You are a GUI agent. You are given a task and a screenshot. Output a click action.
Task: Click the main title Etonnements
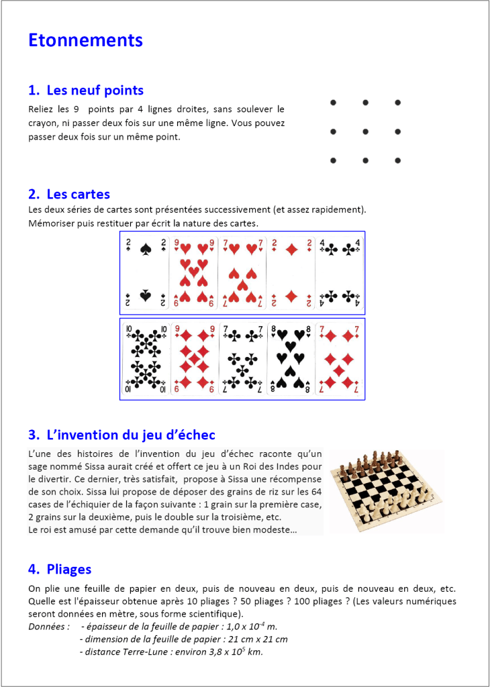85,40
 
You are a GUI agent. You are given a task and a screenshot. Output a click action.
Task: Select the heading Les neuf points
86,91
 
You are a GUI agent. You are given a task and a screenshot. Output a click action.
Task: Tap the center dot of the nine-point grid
365,131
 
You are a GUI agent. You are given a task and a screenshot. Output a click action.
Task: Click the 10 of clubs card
146,359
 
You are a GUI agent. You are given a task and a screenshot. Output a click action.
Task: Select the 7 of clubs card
242,359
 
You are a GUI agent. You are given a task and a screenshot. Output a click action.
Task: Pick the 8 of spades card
291,359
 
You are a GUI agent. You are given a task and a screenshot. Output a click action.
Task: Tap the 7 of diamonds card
340,359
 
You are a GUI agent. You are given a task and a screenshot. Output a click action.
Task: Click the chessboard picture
387,491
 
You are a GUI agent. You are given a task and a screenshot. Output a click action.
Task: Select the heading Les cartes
69,195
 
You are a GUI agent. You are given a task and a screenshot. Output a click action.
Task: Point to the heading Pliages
60,570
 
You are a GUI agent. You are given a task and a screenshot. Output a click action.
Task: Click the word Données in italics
48,627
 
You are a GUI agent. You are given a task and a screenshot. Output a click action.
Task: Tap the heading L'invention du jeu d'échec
121,435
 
